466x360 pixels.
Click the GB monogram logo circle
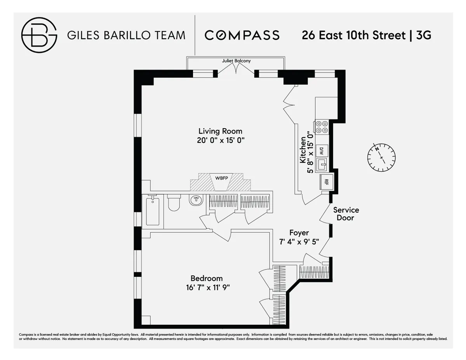point(39,35)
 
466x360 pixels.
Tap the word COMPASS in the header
point(242,35)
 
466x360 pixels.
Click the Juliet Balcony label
point(236,61)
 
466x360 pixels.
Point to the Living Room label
point(220,131)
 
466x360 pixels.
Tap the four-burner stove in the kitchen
point(322,127)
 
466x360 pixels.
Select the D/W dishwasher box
point(322,150)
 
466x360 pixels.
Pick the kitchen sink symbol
point(322,165)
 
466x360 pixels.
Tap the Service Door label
point(346,214)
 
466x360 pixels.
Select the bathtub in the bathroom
point(153,211)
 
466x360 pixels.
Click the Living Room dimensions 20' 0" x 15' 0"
point(220,141)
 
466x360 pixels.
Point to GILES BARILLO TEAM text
point(126,35)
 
